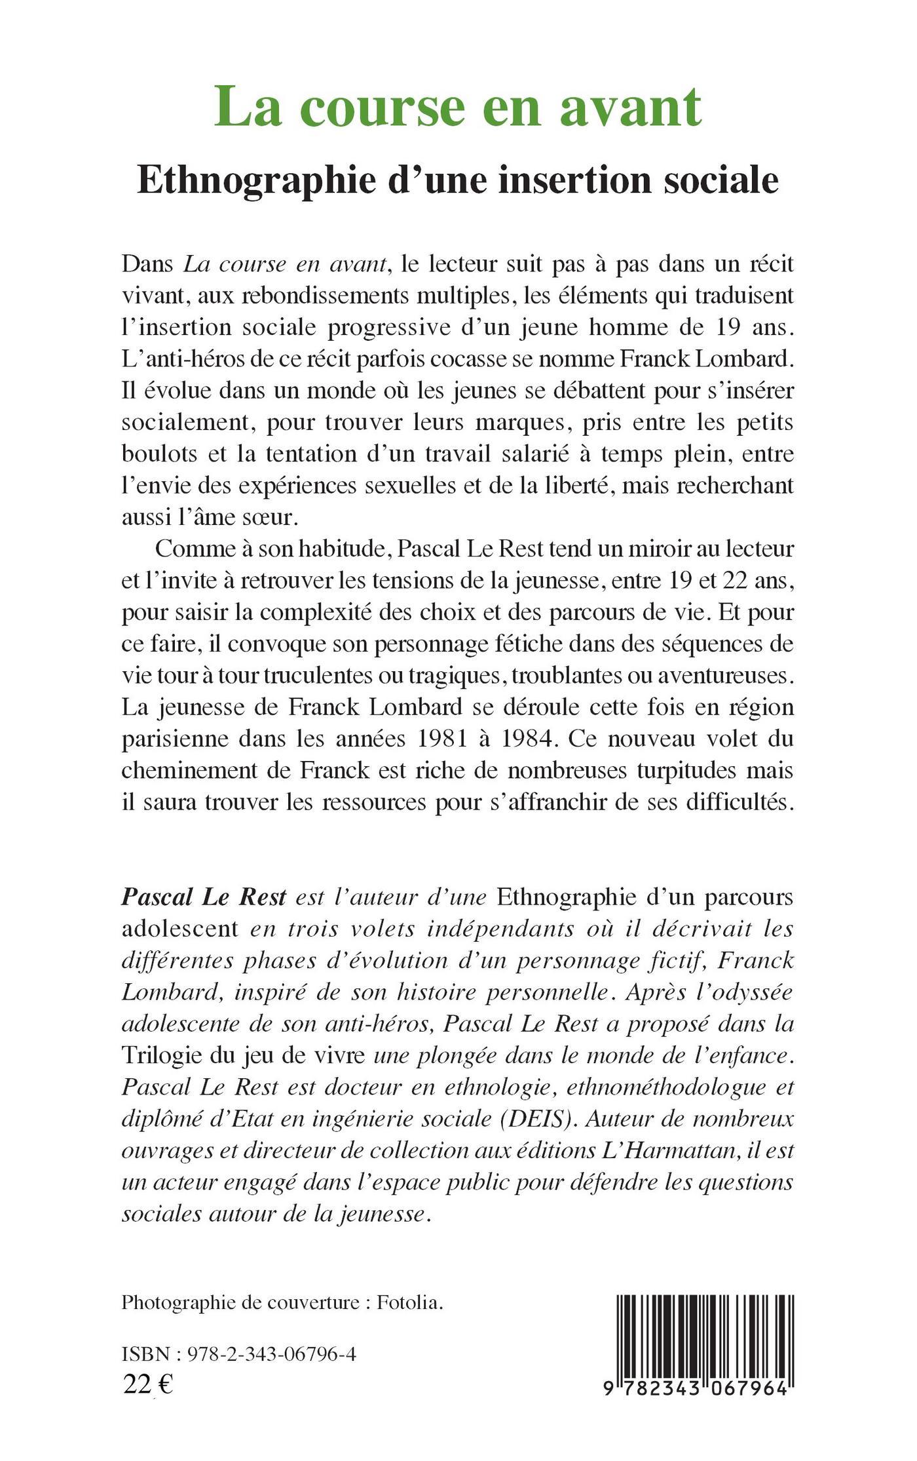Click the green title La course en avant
coord(458,106)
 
